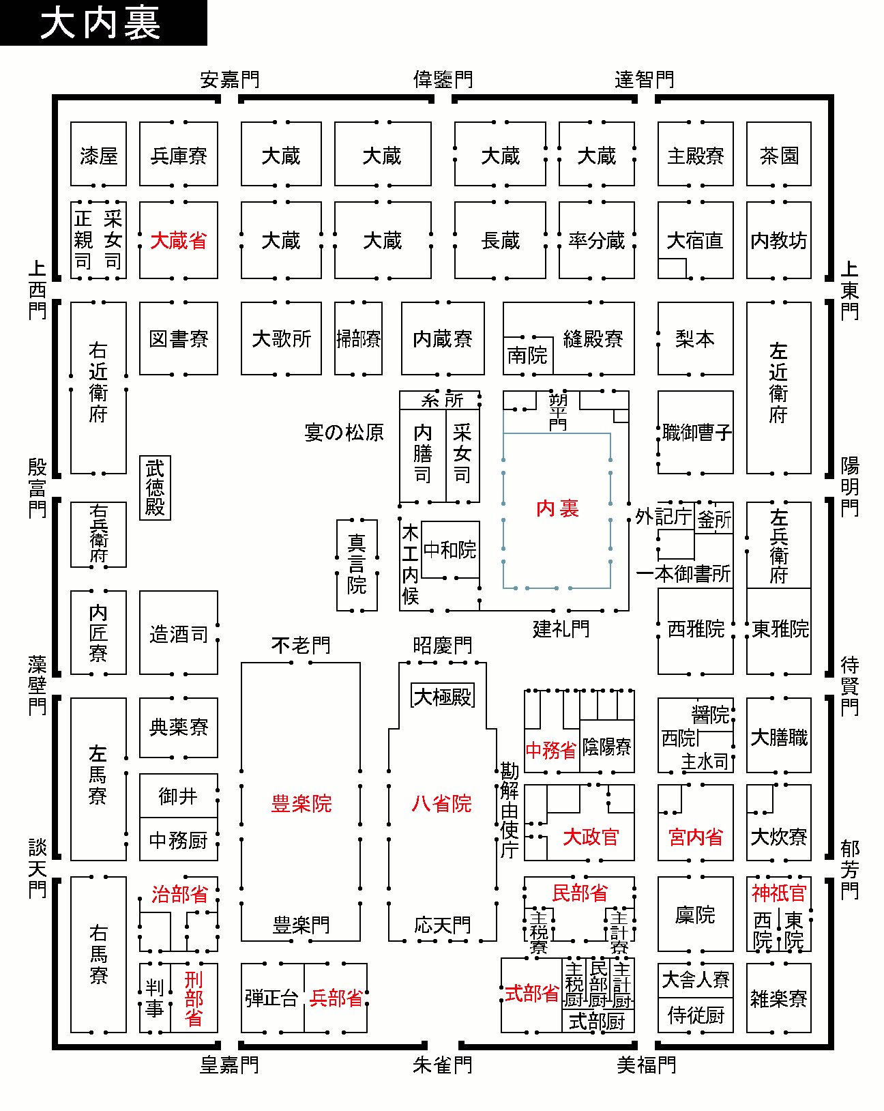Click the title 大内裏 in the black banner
coord(100,23)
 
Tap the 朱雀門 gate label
coord(442,1065)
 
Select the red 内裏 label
coord(557,508)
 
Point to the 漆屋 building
coord(99,154)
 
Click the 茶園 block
coord(779,154)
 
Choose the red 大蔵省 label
coord(179,241)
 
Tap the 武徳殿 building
coord(155,487)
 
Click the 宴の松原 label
coord(344,433)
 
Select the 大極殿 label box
coord(443,697)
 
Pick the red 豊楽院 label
coord(301,803)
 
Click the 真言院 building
coord(357,565)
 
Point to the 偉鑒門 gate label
coord(443,80)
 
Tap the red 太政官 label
coord(591,837)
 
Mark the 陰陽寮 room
coord(607,747)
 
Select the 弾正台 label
coord(272,998)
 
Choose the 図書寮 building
coord(179,338)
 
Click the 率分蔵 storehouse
coord(597,240)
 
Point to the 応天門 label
coord(442,925)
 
